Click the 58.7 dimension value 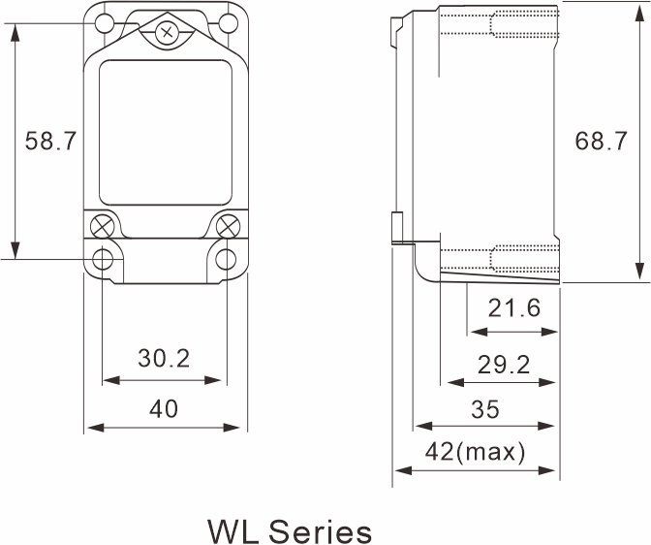click(50, 141)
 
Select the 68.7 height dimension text click(601, 141)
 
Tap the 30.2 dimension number click(163, 358)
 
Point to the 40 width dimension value click(163, 408)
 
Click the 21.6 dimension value click(513, 308)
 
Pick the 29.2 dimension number click(504, 364)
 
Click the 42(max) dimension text click(476, 451)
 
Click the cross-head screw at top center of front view click(167, 34)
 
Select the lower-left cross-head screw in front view click(102, 227)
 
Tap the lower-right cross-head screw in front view click(229, 227)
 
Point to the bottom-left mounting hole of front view click(103, 259)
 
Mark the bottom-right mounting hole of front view click(227, 259)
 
